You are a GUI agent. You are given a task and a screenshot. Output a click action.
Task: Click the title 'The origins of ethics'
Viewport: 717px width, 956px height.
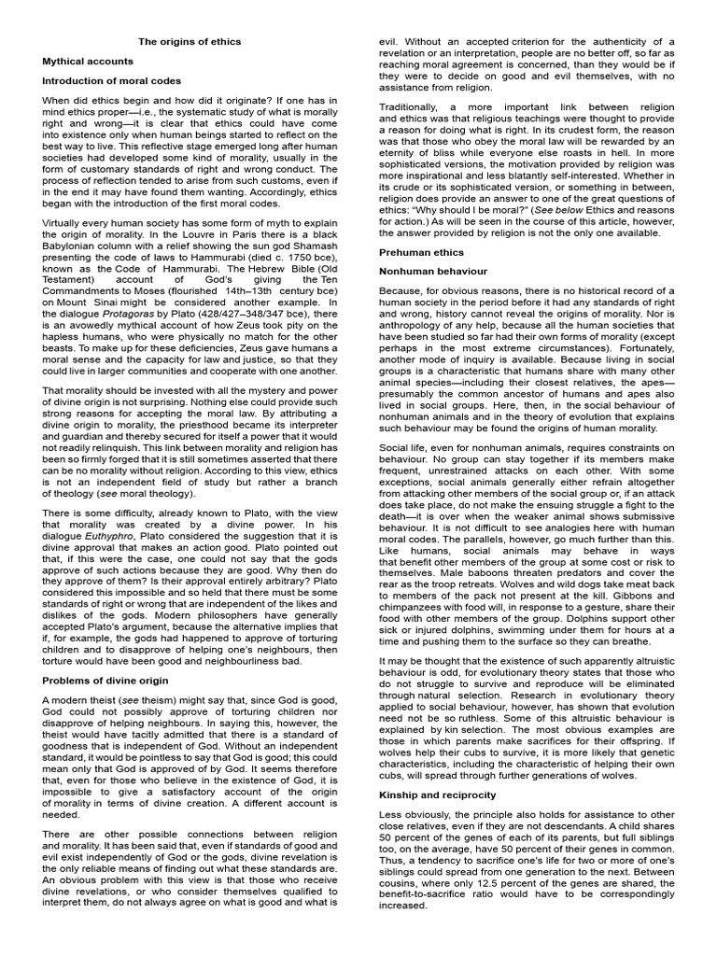point(190,42)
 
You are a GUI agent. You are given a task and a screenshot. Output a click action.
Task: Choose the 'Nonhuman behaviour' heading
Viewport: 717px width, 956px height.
point(432,271)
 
